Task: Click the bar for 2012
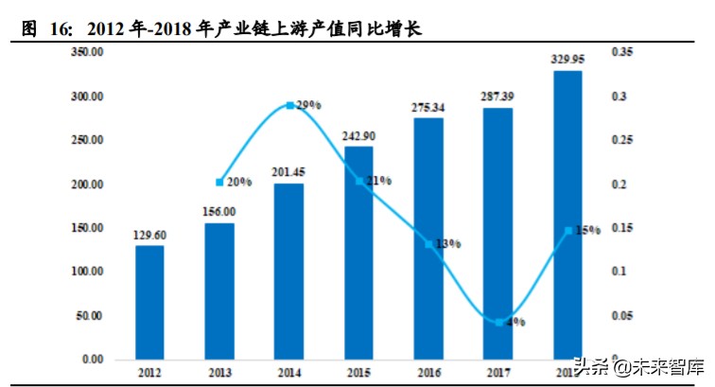click(x=149, y=303)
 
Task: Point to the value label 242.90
click(x=358, y=135)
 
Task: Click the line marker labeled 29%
click(x=289, y=106)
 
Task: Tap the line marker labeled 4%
click(x=498, y=323)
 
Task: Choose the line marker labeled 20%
click(x=219, y=182)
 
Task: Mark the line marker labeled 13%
click(x=428, y=244)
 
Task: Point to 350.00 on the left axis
click(x=87, y=52)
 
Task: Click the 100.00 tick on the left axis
click(x=87, y=272)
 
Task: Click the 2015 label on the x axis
click(x=358, y=374)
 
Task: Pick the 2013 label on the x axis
click(x=219, y=374)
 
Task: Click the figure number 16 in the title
click(x=59, y=29)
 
